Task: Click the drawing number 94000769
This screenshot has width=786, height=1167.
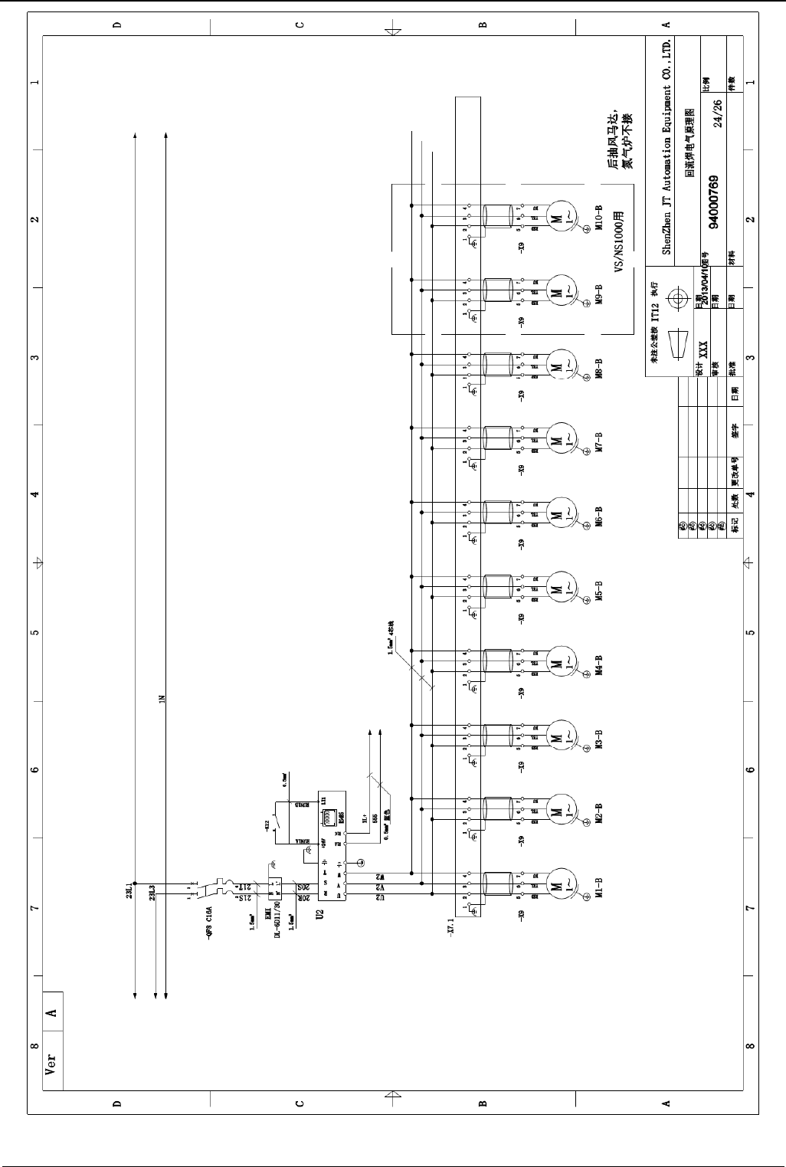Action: coord(713,202)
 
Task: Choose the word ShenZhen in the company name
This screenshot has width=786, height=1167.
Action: coord(666,234)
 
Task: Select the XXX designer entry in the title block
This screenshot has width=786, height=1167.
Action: coord(702,351)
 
